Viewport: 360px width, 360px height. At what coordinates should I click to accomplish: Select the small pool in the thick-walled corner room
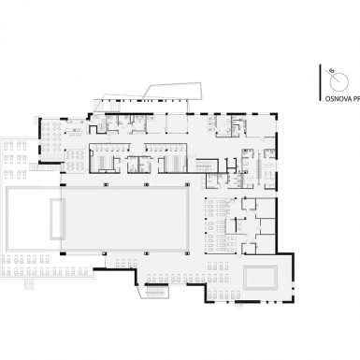click(260, 278)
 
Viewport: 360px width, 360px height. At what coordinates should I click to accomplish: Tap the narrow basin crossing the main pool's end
click(58, 219)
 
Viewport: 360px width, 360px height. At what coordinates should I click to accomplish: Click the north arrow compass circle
click(339, 81)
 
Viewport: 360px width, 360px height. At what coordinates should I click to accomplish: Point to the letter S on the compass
click(332, 71)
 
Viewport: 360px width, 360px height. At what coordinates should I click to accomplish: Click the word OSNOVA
click(337, 99)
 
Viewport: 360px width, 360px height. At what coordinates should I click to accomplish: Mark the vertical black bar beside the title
click(320, 82)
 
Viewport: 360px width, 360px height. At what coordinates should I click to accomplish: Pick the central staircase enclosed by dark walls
click(206, 166)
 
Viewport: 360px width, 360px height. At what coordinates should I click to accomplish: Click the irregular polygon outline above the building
click(172, 92)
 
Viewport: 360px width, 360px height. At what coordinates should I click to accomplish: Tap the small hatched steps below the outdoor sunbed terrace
click(29, 284)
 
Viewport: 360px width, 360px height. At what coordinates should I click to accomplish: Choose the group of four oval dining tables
click(75, 160)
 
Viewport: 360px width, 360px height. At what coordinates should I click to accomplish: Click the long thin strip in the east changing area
click(258, 170)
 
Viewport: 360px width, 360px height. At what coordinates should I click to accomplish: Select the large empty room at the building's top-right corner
click(261, 126)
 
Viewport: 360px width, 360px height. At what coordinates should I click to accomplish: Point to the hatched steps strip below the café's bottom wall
click(45, 167)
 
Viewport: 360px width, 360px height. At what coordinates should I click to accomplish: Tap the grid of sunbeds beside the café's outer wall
click(15, 160)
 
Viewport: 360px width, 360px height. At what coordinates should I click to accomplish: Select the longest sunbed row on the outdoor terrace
click(46, 272)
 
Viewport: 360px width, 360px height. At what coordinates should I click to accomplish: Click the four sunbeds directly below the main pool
click(126, 264)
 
